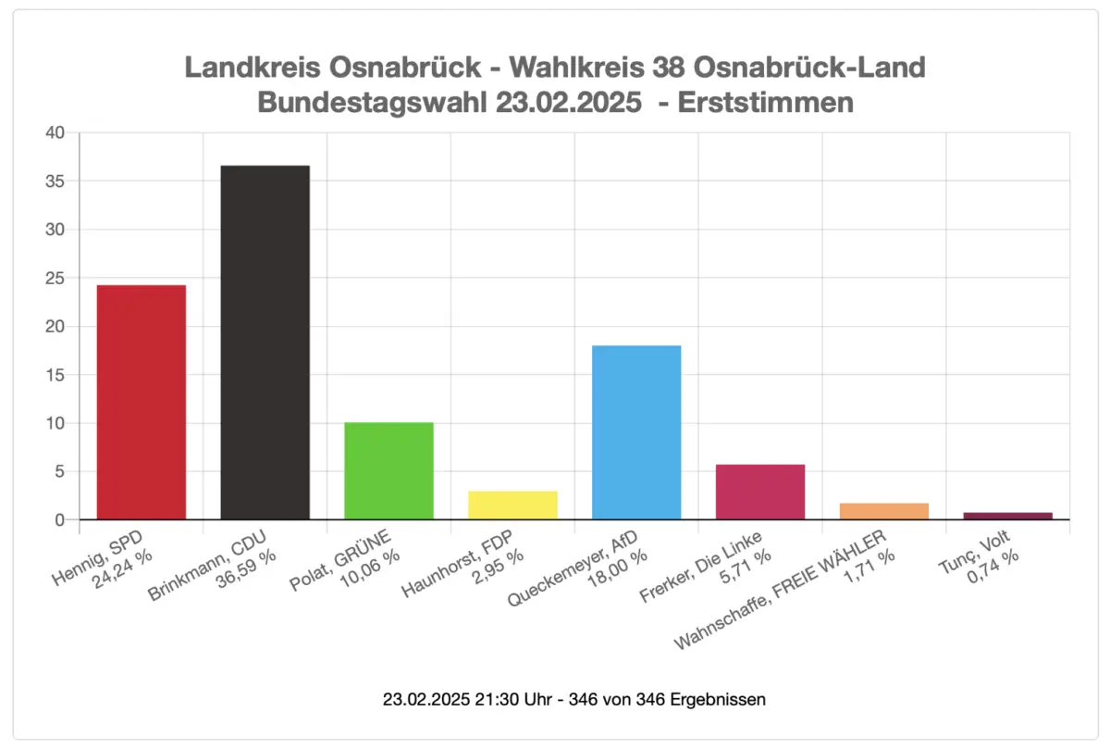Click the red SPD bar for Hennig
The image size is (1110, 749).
pos(141,403)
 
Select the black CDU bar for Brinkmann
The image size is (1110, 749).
pos(265,343)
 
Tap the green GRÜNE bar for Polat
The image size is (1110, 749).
pos(388,470)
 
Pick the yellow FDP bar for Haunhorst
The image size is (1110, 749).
pos(512,506)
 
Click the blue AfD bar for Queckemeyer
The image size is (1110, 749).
pos(636,432)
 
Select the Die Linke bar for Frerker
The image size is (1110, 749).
pos(760,492)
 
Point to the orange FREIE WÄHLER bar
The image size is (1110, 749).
pos(884,511)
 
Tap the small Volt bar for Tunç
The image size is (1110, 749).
pos(1008,516)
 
